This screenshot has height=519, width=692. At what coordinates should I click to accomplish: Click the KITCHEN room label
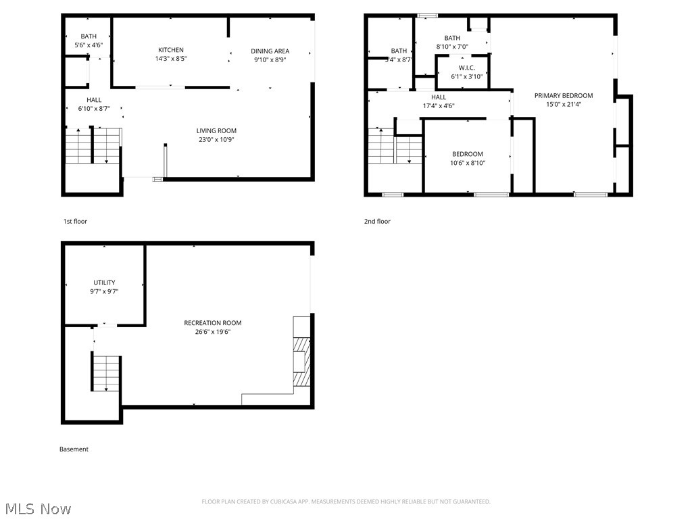point(170,50)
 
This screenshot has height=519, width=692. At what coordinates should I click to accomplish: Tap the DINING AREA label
point(270,51)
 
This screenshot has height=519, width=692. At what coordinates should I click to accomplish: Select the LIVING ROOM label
point(216,131)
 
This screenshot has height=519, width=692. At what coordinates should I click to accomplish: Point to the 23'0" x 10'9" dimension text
point(216,140)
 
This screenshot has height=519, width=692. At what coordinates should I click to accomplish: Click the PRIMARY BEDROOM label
point(563,96)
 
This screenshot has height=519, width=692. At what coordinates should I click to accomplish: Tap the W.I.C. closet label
point(466,68)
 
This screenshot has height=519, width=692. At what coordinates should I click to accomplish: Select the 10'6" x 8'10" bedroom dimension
point(468,163)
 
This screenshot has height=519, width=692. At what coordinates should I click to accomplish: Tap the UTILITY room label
point(104,282)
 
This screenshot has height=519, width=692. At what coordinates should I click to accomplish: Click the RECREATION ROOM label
point(212,323)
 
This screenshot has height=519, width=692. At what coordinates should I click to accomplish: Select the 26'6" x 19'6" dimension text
point(212,332)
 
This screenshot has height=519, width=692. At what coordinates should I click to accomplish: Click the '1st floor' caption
point(75,222)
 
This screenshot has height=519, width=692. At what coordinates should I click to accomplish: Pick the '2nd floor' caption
point(378,222)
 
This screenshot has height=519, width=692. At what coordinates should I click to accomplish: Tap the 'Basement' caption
point(74,449)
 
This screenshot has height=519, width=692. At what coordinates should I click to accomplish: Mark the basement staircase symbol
point(106,373)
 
